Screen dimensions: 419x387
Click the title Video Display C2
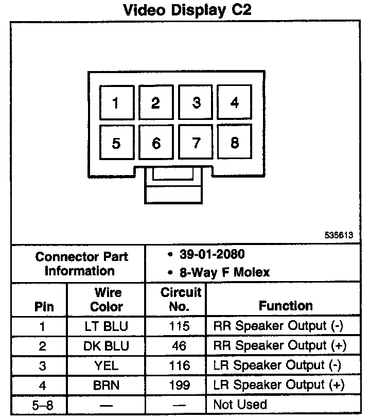pyautogui.click(x=187, y=10)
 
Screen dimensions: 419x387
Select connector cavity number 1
pyautogui.click(x=116, y=102)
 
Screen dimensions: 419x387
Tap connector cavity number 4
pyautogui.click(x=235, y=102)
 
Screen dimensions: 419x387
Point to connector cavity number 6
pyautogui.click(x=156, y=143)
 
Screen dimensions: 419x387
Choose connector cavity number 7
pyautogui.click(x=196, y=143)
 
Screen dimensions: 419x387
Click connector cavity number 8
pyautogui.click(x=235, y=143)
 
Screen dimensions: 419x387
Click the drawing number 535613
pyautogui.click(x=339, y=235)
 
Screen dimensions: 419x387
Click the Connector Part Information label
pyautogui.click(x=81, y=264)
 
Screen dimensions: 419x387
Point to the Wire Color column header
pyautogui.click(x=107, y=300)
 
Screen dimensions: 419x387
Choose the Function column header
pyautogui.click(x=286, y=306)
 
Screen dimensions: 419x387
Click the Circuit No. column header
pyautogui.click(x=180, y=300)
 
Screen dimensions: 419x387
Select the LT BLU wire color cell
pyautogui.click(x=107, y=326)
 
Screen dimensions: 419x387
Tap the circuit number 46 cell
pyautogui.click(x=179, y=346)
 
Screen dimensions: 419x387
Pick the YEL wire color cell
pyautogui.click(x=107, y=365)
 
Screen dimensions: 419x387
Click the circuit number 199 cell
pyautogui.click(x=179, y=385)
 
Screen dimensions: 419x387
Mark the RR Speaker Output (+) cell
pyautogui.click(x=279, y=346)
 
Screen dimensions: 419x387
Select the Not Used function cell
pyautogui.click(x=240, y=405)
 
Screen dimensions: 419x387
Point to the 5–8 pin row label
pyautogui.click(x=43, y=405)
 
